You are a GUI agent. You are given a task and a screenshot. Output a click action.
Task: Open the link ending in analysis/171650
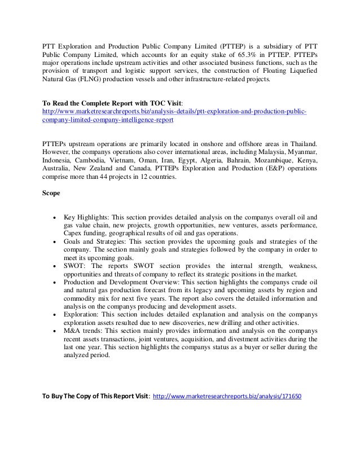coord(227,395)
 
